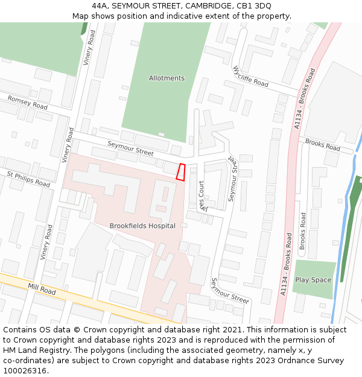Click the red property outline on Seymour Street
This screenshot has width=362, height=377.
pyautogui.click(x=180, y=172)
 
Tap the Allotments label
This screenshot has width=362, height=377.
pyautogui.click(x=167, y=78)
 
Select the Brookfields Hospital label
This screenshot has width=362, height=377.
pyautogui.click(x=142, y=226)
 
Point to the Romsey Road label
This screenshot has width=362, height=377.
pyautogui.click(x=27, y=102)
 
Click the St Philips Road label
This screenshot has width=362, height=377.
pyautogui.click(x=28, y=179)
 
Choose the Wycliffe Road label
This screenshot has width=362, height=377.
pyautogui.click(x=250, y=77)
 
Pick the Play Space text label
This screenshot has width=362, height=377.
pyautogui.click(x=313, y=280)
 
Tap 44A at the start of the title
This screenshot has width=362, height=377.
pyautogui.click(x=100, y=6)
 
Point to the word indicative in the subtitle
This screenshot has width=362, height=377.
pyautogui.click(x=192, y=16)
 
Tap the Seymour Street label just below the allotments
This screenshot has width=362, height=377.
pyautogui.click(x=130, y=148)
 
